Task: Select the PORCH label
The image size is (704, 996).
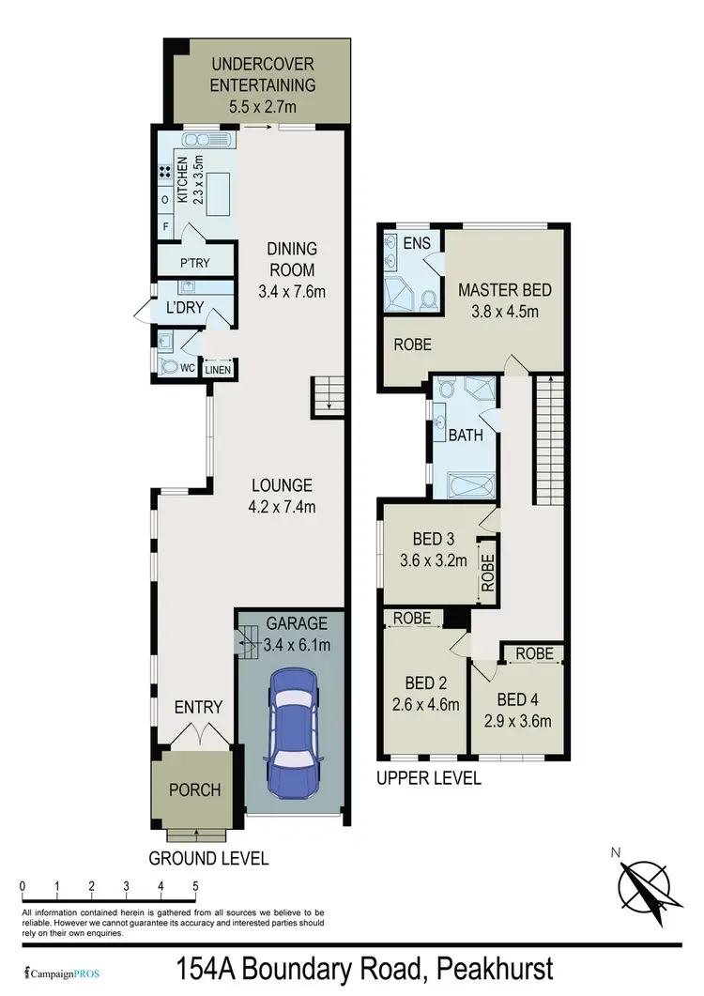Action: point(196,789)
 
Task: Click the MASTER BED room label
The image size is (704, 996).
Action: point(504,290)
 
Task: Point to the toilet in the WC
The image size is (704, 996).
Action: point(170,367)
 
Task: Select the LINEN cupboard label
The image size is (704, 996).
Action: point(218,369)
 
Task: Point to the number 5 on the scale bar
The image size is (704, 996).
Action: point(195,886)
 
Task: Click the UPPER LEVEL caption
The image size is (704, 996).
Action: point(429,778)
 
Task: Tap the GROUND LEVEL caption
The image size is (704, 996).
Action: point(209,858)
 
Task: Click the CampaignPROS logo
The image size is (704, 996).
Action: point(62,973)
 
